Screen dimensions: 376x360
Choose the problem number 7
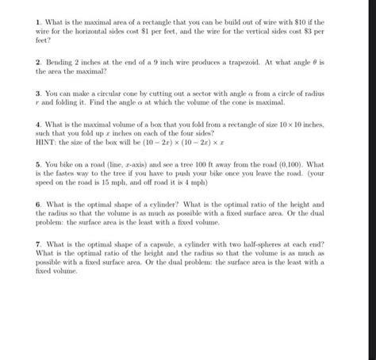[36, 246]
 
